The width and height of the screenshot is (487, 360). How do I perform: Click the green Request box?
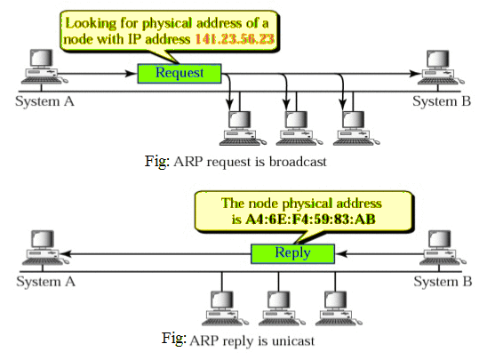click(x=180, y=73)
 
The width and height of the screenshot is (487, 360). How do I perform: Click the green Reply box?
click(x=292, y=253)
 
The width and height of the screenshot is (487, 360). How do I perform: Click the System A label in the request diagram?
click(x=44, y=101)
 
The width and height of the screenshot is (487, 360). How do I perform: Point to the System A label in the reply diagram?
click(x=44, y=281)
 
